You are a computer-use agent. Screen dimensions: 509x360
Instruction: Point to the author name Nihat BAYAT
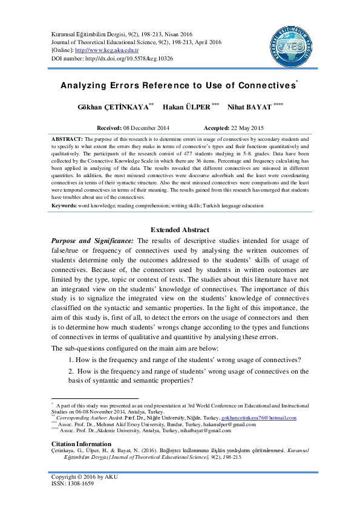pyautogui.click(x=250, y=107)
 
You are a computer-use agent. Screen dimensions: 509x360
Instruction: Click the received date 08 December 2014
pyautogui.click(x=146, y=128)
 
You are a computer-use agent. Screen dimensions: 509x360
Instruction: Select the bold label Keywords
pyautogui.click(x=64, y=206)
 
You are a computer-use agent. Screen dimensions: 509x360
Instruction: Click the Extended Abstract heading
pyautogui.click(x=180, y=230)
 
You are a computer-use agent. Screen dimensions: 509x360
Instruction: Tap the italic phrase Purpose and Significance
pyautogui.click(x=92, y=241)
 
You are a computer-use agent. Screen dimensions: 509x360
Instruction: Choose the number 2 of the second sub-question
pyautogui.click(x=70, y=371)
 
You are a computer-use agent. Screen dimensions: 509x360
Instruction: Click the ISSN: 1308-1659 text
pyautogui.click(x=72, y=484)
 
